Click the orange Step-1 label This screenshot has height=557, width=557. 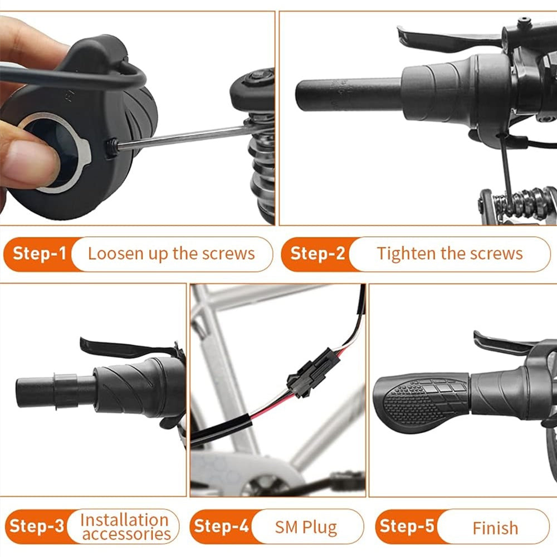coord(40,253)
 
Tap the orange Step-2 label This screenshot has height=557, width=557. coord(317,253)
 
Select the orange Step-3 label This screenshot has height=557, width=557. coord(37,526)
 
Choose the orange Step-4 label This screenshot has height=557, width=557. coord(221,526)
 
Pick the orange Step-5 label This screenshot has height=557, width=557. coord(407,526)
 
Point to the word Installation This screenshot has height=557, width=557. coord(124,520)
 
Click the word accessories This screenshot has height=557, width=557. coord(126,534)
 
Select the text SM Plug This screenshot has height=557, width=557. coord(306,527)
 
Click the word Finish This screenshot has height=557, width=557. coord(495,528)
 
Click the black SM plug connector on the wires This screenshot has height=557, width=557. coord(313,369)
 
